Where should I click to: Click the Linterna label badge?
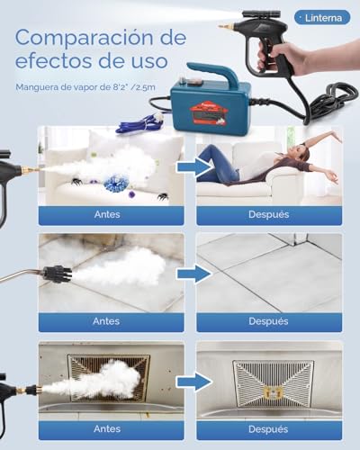pos(322,16)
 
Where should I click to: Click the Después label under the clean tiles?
pos(269,322)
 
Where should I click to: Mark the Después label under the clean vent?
pos(269,431)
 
